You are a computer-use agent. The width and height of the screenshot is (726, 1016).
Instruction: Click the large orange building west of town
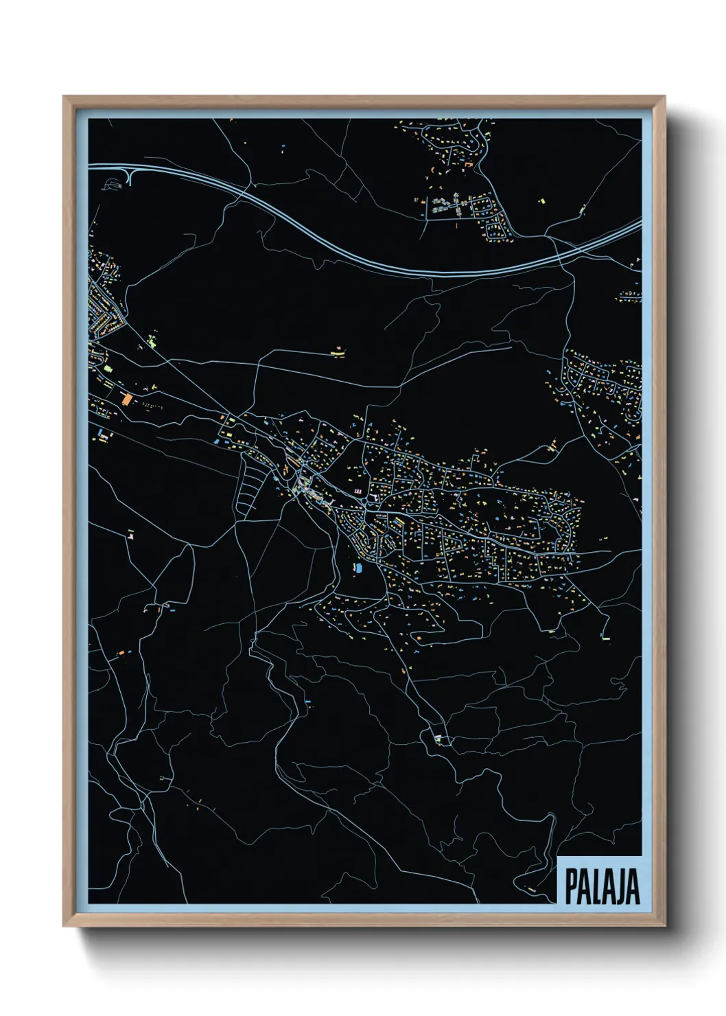coord(126,398)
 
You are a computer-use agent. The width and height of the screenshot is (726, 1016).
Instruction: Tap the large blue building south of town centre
coord(357,568)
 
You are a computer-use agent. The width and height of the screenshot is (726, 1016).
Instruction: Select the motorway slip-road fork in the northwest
coord(130,174)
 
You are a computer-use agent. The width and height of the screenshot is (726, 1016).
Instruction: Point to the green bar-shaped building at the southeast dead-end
coord(607,638)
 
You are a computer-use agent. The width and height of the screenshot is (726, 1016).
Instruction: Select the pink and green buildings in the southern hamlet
coord(438,738)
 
